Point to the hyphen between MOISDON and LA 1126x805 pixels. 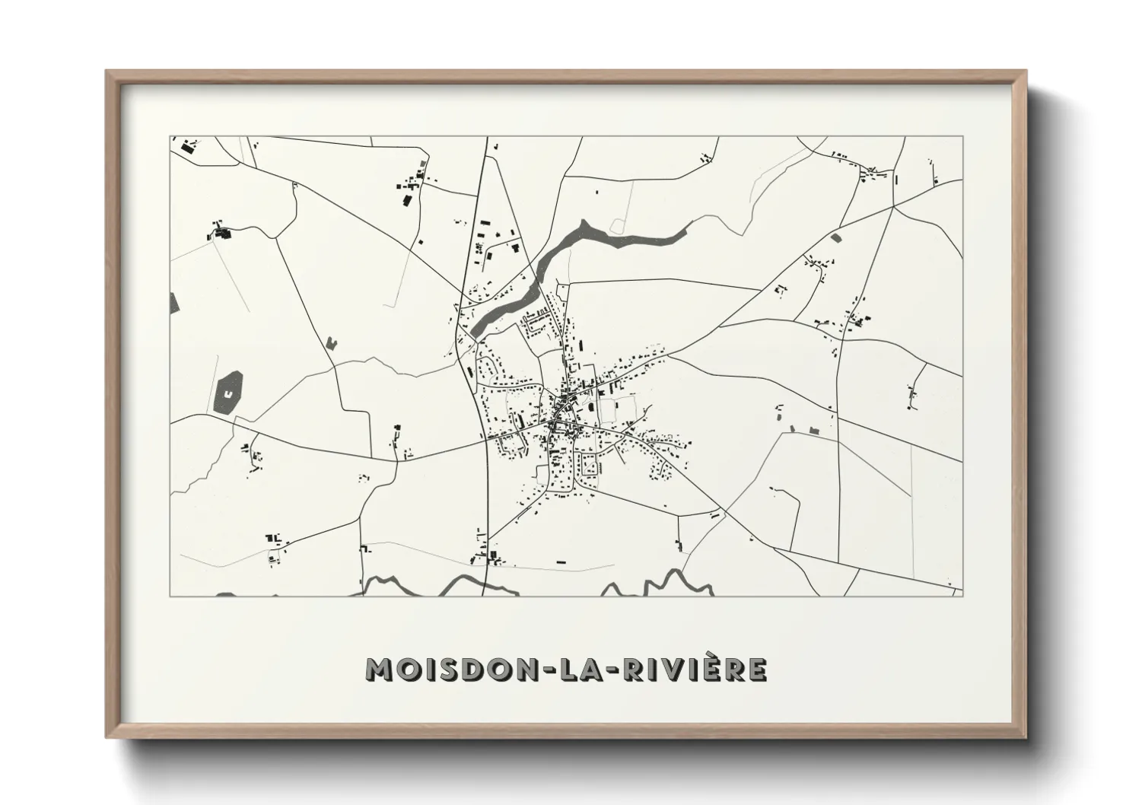(x=559, y=670)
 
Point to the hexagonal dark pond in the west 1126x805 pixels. (x=228, y=393)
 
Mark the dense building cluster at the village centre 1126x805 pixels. (x=565, y=411)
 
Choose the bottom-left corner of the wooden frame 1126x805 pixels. (x=107, y=737)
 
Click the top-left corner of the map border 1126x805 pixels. (x=170, y=137)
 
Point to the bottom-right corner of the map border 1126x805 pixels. (x=963, y=596)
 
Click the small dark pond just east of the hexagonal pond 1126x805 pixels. (x=331, y=342)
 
